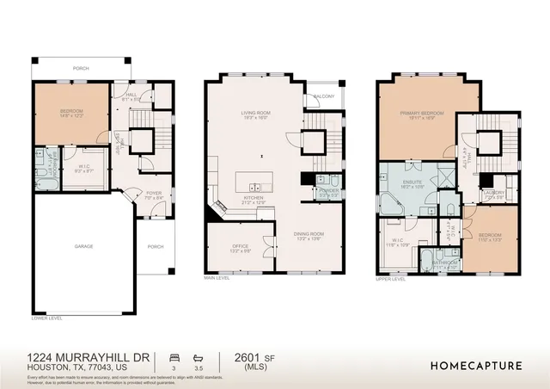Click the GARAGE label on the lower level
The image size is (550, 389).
click(x=83, y=246)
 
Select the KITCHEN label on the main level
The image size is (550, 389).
click(x=253, y=197)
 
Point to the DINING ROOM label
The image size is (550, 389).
click(x=308, y=234)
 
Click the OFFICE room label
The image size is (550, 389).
click(x=240, y=246)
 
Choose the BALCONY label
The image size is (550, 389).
click(x=324, y=96)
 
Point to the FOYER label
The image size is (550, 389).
click(x=154, y=193)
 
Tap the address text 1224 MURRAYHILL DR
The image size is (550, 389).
click(x=89, y=356)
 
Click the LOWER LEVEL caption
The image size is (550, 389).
click(x=46, y=318)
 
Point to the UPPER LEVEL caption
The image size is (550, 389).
click(x=393, y=278)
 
